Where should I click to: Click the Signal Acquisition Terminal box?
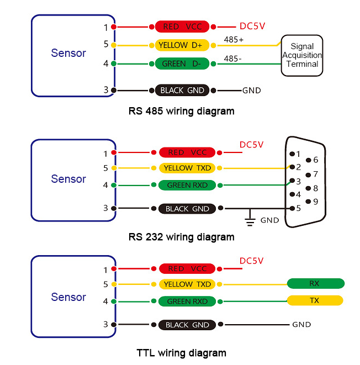[302, 55]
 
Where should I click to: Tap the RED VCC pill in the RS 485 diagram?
[182, 27]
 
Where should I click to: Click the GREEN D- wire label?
[181, 64]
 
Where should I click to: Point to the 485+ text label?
[234, 40]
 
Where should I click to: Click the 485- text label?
[232, 59]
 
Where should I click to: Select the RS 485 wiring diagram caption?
[181, 111]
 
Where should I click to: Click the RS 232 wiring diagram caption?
[181, 237]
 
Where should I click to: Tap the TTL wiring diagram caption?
[181, 353]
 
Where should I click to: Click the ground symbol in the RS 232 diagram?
[250, 220]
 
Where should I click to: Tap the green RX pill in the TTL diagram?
[315, 284]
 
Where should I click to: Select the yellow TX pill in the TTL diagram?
[315, 300]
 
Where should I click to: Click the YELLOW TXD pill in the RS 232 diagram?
[187, 168]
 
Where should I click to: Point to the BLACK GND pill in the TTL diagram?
[188, 325]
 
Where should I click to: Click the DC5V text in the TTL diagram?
[252, 261]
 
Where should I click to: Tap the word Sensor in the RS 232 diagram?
[68, 179]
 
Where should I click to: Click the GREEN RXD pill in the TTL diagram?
[187, 301]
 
